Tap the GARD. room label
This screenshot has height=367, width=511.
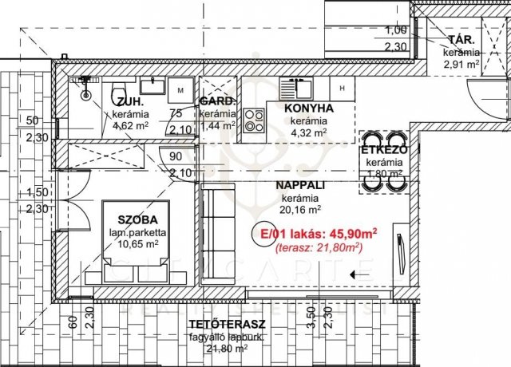coord(217,102)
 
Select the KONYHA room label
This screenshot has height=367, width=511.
coord(307,108)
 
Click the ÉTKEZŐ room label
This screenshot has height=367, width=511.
coord(385,150)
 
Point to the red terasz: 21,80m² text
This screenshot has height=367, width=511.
coord(315,248)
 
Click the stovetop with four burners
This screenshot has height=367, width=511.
coord(254,120)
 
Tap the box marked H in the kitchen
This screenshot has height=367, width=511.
coord(341,88)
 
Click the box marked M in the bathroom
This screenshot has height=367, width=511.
coord(180,89)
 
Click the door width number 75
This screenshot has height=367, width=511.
coord(175,113)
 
